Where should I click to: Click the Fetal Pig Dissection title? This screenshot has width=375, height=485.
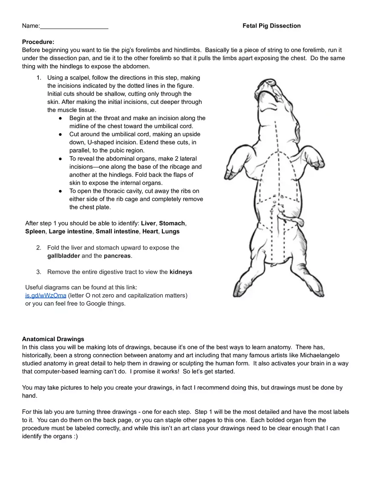coord(271,26)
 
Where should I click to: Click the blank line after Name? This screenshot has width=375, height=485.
coord(74,26)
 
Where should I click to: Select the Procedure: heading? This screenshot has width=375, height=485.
coord(38,42)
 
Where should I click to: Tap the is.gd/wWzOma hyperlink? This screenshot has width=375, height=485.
coord(46,296)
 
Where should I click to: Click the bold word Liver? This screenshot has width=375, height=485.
coord(148,224)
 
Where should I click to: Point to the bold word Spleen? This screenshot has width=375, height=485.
coord(35,232)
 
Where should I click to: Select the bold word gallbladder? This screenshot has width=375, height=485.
coord(63,256)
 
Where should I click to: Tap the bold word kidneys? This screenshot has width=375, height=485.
coord(181,272)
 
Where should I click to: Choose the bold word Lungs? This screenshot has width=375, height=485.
coord(170,232)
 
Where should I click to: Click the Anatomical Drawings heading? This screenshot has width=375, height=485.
coord(53,339)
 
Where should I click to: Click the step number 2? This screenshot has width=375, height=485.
coord(38,248)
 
